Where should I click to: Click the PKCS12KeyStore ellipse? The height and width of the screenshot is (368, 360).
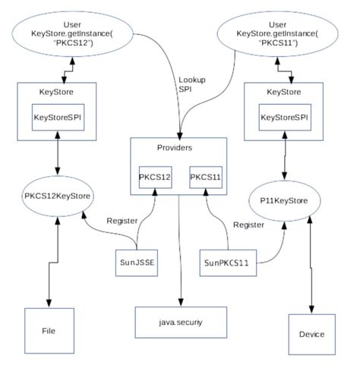tap(58, 197)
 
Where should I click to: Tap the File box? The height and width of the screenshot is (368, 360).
tap(48, 331)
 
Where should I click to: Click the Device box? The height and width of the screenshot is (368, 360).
tap(311, 334)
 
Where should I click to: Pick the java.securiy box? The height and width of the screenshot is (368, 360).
tap(180, 322)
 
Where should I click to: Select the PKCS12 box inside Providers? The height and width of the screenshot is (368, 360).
tap(156, 177)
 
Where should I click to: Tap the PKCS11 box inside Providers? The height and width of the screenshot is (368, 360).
tap(206, 177)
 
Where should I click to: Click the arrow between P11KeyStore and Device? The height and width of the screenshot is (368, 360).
tap(311, 266)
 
